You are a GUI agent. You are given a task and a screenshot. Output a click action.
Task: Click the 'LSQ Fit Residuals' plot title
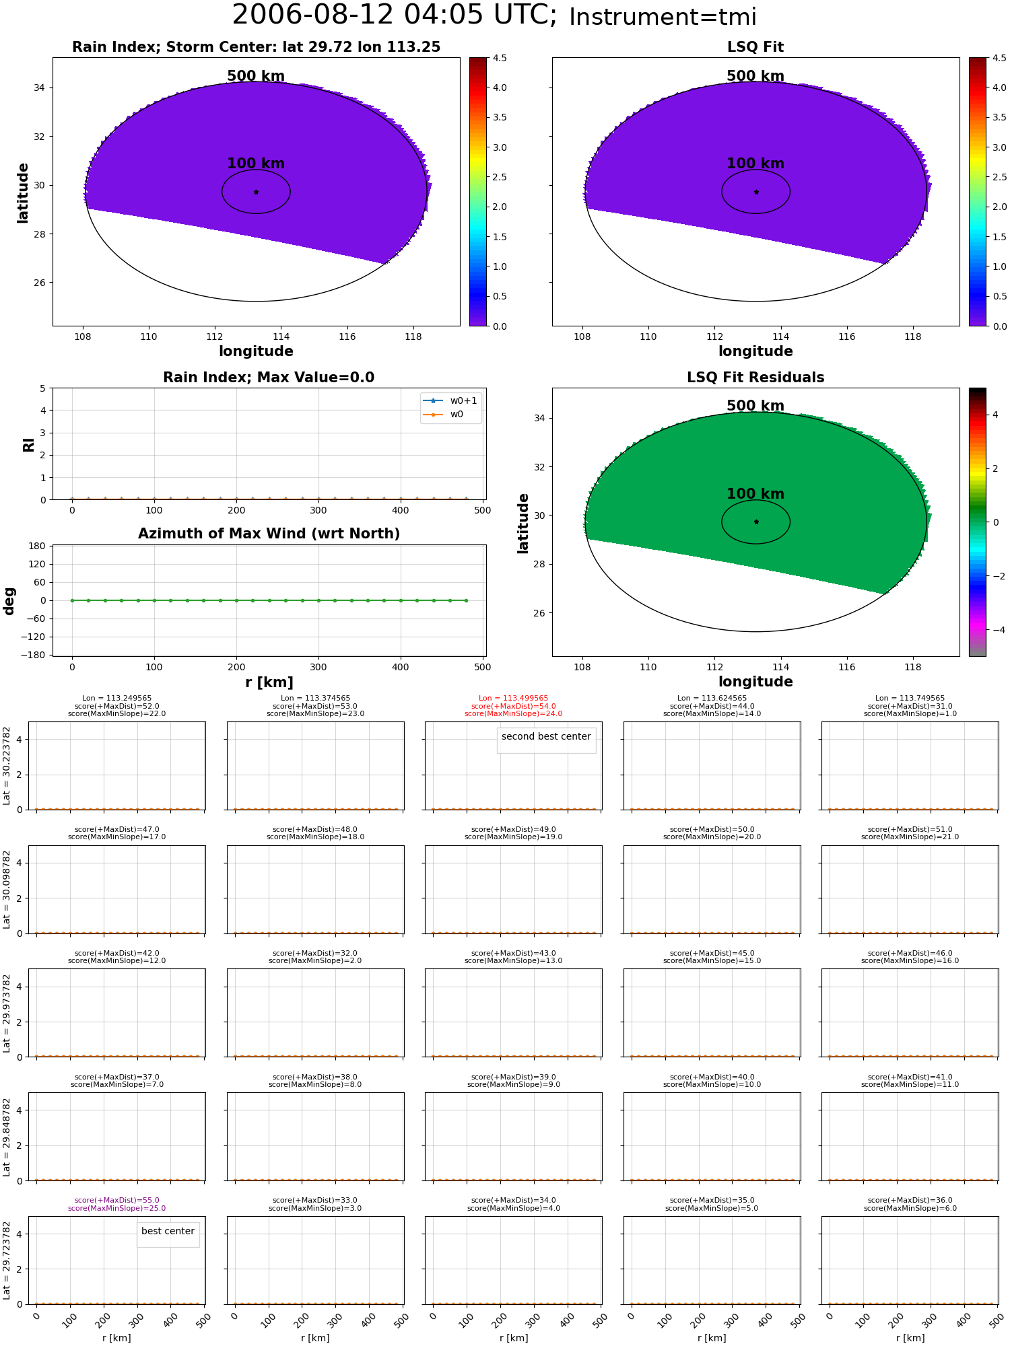755,378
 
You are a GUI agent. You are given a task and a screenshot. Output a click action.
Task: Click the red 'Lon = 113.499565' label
513,699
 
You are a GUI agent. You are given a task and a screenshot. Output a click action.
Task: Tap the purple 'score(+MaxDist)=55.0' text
117,1201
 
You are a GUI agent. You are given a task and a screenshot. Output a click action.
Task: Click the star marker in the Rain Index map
256,192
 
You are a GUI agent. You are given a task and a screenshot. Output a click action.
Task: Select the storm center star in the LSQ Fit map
756,192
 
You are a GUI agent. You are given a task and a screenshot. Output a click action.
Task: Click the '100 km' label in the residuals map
755,494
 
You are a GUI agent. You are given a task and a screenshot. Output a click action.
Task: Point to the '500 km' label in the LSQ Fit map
755,76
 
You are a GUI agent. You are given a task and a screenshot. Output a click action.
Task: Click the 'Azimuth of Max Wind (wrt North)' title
269,534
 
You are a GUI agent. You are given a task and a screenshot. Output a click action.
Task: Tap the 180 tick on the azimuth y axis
38,546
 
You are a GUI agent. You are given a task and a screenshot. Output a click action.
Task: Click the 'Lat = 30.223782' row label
7,765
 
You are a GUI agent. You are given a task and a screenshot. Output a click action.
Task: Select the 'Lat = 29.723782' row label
7,1260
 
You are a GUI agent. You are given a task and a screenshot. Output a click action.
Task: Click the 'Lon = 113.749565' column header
910,699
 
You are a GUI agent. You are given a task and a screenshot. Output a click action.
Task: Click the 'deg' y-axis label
9,601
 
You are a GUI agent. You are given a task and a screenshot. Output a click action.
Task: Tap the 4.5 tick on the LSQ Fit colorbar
999,58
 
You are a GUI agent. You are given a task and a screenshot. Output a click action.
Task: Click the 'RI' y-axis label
29,444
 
